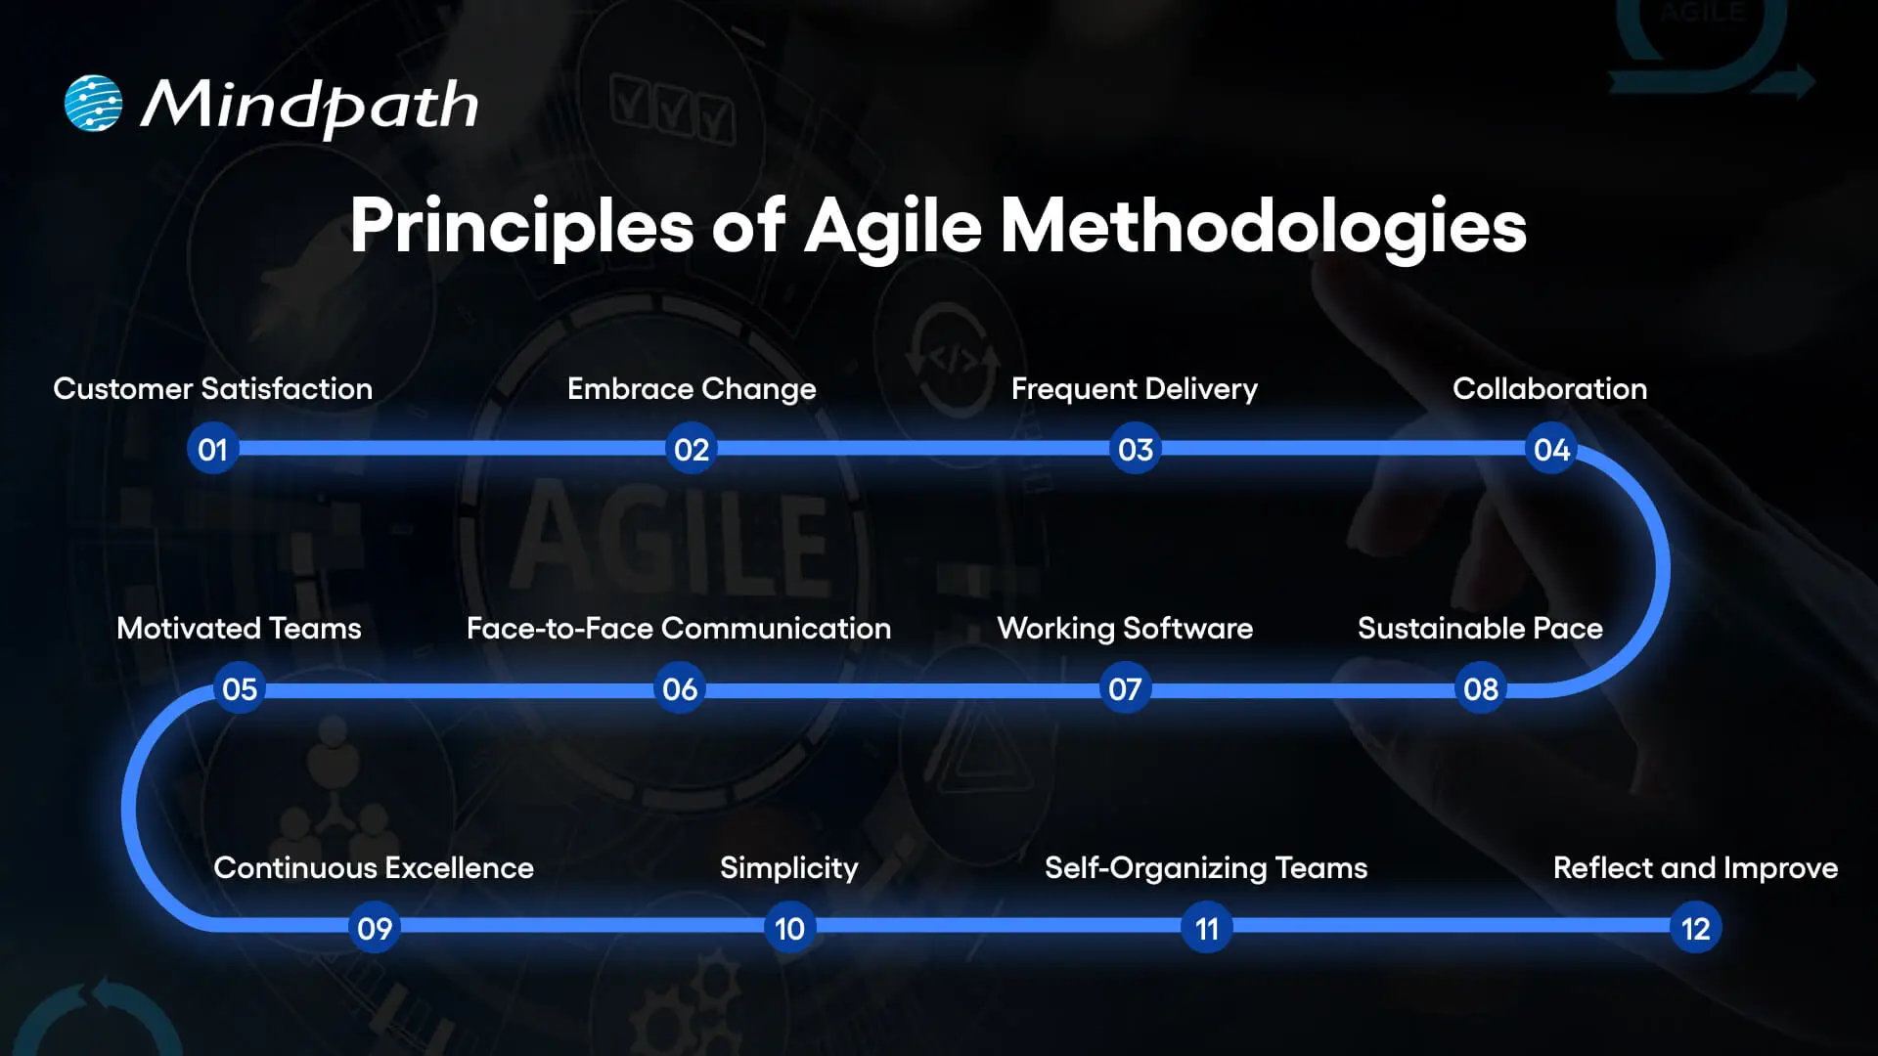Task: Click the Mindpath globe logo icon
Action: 94,104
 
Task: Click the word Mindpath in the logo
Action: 309,106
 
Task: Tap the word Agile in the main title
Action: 892,227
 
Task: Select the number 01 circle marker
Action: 212,450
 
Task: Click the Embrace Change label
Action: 692,389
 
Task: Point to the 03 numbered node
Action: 1136,450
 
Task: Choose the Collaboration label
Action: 1549,389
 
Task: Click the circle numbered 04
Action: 1551,450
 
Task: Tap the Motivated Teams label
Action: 239,629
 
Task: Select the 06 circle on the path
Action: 680,689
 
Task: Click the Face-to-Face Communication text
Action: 679,629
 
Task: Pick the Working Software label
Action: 1125,629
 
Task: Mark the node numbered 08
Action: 1480,689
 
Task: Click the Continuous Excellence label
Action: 374,868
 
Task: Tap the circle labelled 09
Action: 375,929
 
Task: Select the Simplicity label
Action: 789,868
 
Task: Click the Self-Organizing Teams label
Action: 1206,868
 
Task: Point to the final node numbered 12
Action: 1695,929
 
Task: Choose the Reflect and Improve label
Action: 1695,868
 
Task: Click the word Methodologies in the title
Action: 1263,227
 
